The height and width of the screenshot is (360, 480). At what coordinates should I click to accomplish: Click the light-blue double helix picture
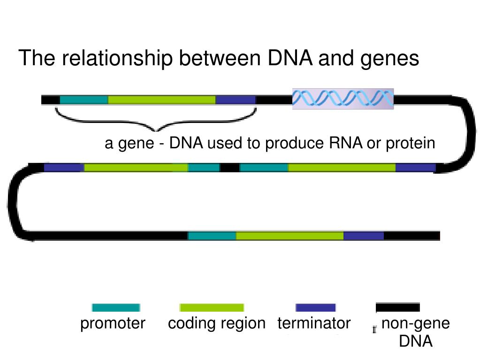click(x=343, y=99)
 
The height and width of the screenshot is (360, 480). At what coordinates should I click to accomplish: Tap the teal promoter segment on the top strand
click(x=84, y=100)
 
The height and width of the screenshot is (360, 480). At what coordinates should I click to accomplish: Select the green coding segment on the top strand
click(x=162, y=100)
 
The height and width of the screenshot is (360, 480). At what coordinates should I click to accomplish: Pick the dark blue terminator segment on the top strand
click(x=236, y=100)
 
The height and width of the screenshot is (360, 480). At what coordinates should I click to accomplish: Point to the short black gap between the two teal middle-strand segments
click(x=229, y=168)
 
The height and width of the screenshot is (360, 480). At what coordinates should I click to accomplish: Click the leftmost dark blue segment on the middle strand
click(x=64, y=168)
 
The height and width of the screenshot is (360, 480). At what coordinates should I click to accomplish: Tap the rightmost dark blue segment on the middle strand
click(x=416, y=168)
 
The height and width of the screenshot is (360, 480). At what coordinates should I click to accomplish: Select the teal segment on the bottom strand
click(x=212, y=236)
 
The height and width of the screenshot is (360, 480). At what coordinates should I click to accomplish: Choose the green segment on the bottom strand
click(x=290, y=236)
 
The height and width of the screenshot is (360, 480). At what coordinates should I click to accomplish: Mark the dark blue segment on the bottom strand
click(x=364, y=236)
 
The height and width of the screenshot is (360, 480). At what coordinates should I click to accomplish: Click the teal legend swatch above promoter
click(x=115, y=308)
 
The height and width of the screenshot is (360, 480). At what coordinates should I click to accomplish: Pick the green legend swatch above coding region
click(x=212, y=308)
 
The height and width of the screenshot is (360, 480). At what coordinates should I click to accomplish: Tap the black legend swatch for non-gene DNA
click(x=398, y=308)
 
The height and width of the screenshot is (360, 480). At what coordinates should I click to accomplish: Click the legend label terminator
click(x=314, y=323)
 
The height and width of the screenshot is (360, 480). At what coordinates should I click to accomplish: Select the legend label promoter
click(x=113, y=323)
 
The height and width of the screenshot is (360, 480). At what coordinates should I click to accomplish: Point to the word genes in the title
click(x=389, y=59)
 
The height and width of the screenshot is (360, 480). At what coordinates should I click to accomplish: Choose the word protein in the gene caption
click(x=411, y=144)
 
